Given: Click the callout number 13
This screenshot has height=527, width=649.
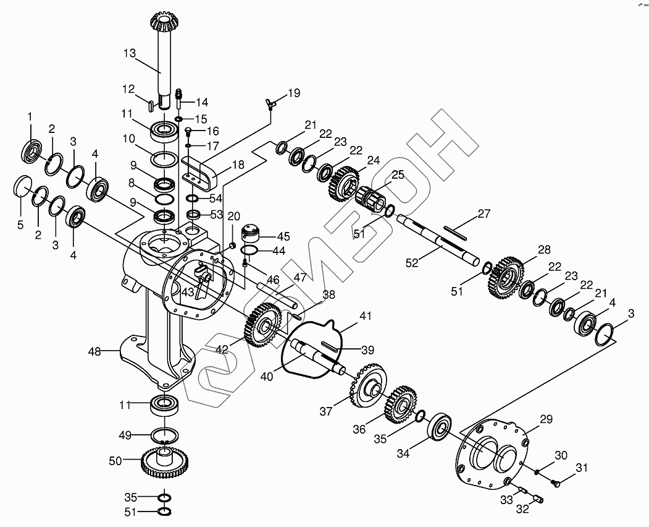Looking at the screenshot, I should (x=129, y=54).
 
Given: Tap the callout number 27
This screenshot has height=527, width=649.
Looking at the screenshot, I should (x=484, y=215).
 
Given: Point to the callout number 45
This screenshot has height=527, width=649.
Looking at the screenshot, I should (x=283, y=236).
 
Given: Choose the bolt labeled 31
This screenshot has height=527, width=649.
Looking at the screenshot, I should (x=555, y=482).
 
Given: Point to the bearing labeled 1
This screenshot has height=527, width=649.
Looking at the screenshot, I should (x=31, y=150).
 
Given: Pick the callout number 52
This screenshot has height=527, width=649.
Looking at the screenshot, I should (x=412, y=263).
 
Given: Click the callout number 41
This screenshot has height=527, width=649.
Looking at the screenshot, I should (x=366, y=316).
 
